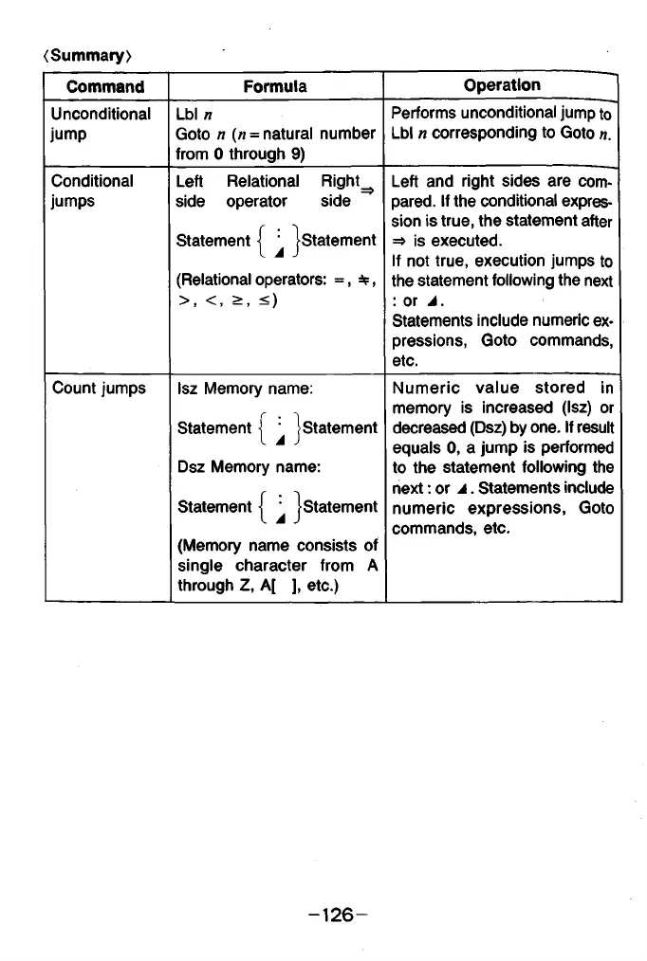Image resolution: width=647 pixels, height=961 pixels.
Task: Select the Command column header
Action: pos(105,87)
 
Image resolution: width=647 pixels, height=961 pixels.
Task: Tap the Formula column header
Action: pos(275,87)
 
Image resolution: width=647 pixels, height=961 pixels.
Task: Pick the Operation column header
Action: pos(502,85)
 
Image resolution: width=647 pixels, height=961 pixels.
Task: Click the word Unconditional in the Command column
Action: pos(101,115)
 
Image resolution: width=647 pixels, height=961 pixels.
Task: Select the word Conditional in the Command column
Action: pos(93,181)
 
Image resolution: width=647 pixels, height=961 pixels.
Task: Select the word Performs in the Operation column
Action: pos(424,114)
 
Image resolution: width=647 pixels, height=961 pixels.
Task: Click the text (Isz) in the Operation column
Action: pos(579,407)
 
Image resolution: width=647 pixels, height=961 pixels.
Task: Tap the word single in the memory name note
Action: pos(199,566)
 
